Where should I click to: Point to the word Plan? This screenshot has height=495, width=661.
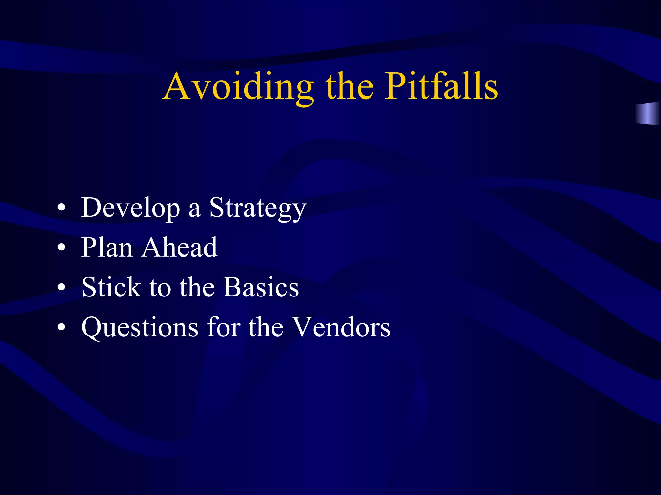click(107, 247)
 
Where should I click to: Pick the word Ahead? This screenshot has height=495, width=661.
click(179, 247)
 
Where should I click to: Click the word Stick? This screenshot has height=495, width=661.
click(111, 287)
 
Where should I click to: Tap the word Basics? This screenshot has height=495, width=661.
click(261, 287)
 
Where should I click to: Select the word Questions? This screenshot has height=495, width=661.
click(140, 327)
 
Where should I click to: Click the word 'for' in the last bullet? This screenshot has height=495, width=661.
click(224, 327)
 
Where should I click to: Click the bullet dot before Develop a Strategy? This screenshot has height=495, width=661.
click(61, 208)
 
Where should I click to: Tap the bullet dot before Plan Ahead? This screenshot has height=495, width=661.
click(61, 247)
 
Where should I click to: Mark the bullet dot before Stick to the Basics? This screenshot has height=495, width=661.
click(61, 287)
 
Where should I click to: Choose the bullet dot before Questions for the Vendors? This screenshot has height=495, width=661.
click(61, 327)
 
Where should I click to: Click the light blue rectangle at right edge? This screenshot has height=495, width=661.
click(648, 113)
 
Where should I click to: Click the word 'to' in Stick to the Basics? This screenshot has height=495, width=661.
click(160, 288)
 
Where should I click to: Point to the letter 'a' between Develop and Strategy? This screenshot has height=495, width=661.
click(195, 210)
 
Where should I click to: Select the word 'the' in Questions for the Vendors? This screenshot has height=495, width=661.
click(266, 327)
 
